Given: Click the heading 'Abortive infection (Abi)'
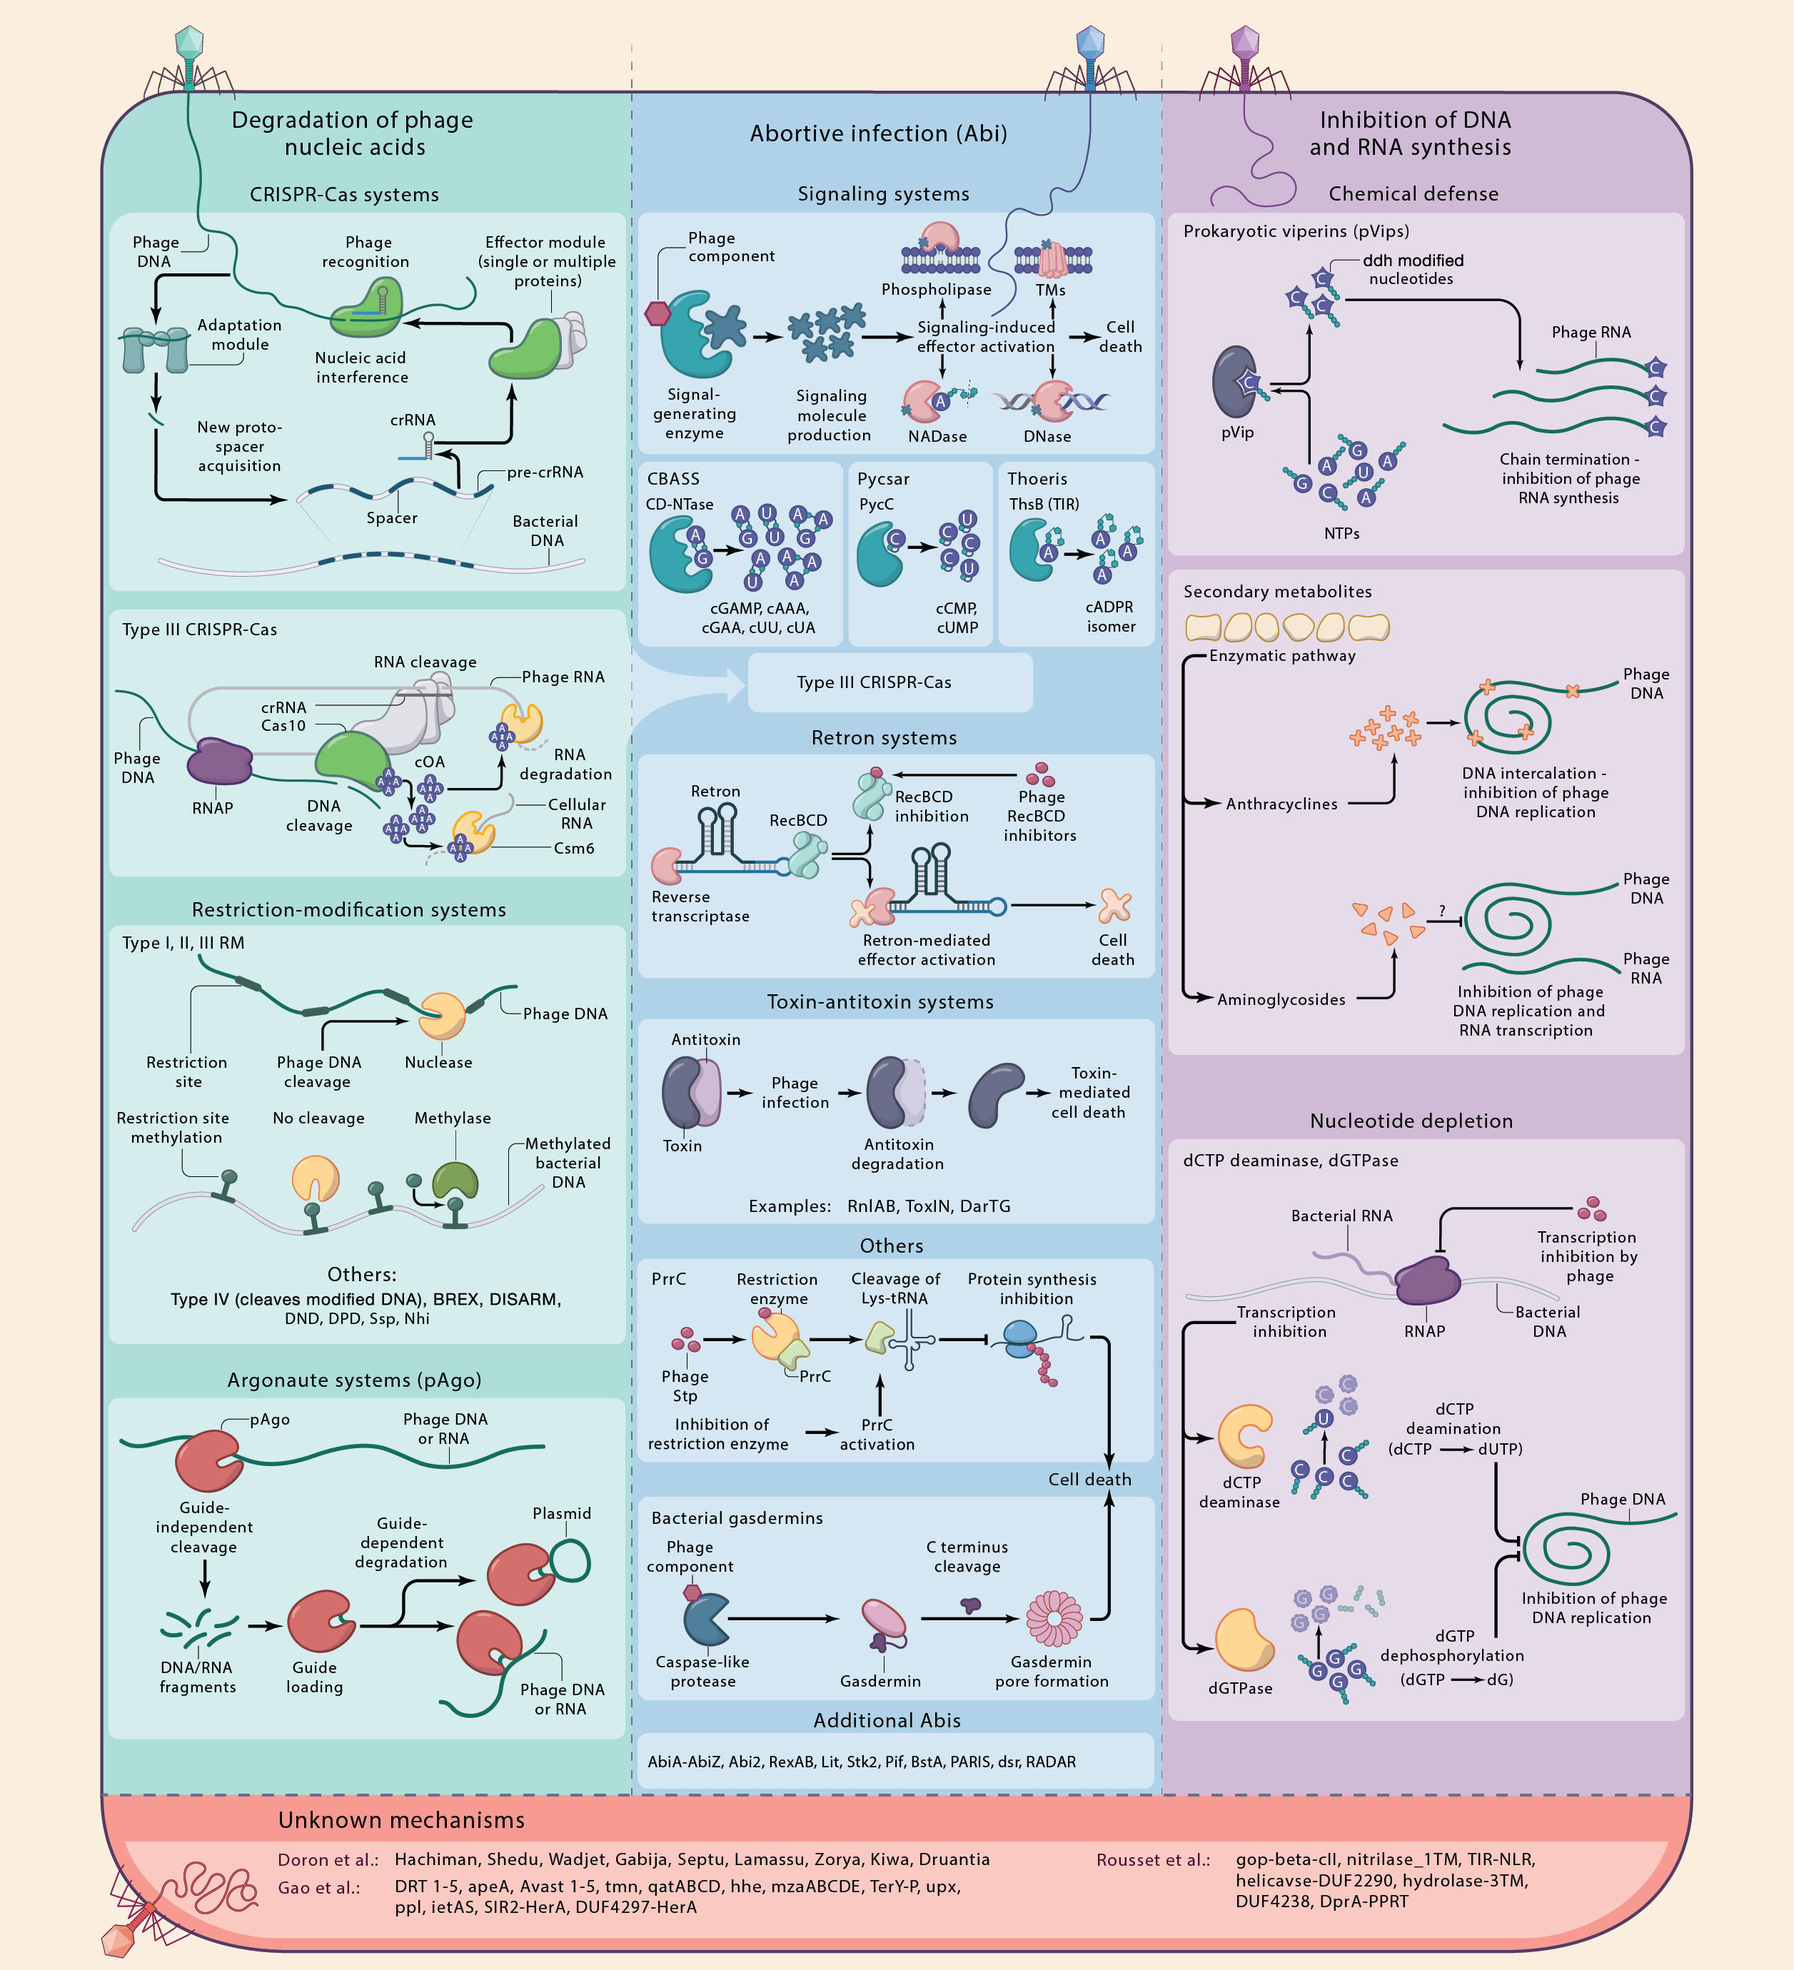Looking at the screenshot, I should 877,134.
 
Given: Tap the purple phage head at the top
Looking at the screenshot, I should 1244,42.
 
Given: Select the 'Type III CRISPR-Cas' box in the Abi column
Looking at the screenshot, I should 890,682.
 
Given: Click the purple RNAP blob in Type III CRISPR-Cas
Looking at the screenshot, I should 220,761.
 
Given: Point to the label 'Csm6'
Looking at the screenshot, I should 573,848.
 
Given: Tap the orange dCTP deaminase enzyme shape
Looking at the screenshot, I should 1244,1435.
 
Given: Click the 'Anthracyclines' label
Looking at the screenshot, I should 1281,804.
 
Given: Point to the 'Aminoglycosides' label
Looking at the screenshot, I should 1280,1000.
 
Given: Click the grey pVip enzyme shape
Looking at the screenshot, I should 1235,382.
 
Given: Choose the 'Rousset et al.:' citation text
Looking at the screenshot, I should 1152,1859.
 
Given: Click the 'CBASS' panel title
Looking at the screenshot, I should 673,479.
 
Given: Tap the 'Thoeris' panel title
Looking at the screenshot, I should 1037,479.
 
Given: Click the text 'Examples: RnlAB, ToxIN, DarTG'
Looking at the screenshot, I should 878,1206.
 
